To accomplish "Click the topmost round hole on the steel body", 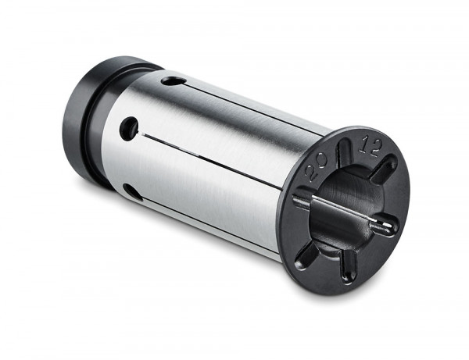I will click(x=174, y=80).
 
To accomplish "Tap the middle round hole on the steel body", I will click(x=129, y=128).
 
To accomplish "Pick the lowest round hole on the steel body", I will click(x=133, y=191).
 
